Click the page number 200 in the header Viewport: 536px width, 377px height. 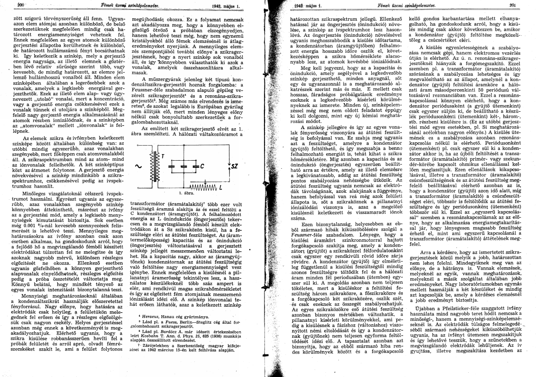coord(8,5)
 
